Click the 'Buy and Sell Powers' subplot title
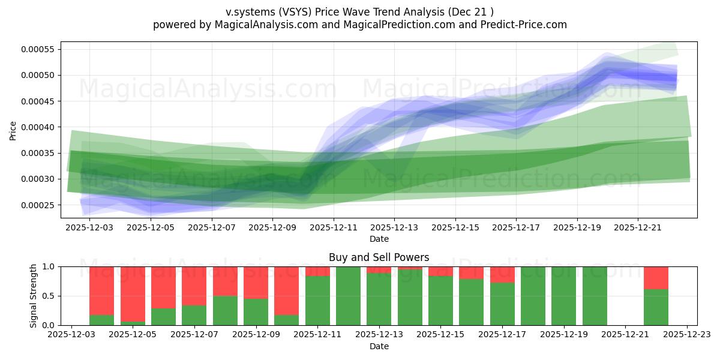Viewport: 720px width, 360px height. tap(379, 257)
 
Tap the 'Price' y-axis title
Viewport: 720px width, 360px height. tap(13, 130)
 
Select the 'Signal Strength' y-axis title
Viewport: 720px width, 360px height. tap(34, 296)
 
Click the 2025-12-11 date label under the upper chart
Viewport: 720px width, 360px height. tap(333, 227)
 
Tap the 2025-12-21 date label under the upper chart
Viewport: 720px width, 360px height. tap(638, 227)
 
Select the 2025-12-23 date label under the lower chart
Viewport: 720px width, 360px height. tap(687, 334)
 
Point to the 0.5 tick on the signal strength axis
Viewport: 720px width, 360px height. tap(49, 296)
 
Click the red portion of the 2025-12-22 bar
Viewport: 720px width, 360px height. tap(656, 278)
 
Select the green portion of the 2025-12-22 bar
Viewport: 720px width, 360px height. tap(656, 307)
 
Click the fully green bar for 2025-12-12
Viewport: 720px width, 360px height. tap(348, 296)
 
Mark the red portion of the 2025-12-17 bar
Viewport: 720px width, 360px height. tap(502, 274)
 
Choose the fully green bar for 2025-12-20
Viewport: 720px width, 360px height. tap(595, 296)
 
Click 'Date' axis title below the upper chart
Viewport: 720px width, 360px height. tap(379, 239)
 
